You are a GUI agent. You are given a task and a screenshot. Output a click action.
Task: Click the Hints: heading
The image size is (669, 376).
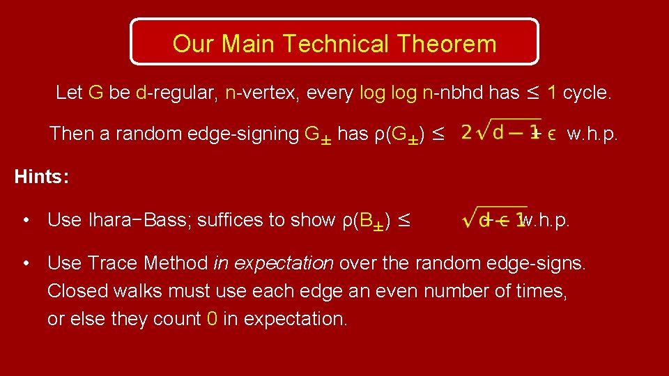41,177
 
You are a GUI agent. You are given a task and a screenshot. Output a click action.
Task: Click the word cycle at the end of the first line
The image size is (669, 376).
587,93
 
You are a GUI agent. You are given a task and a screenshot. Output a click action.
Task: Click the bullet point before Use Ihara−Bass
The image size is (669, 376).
26,221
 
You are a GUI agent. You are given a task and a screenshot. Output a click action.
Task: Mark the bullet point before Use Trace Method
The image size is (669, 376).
26,263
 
